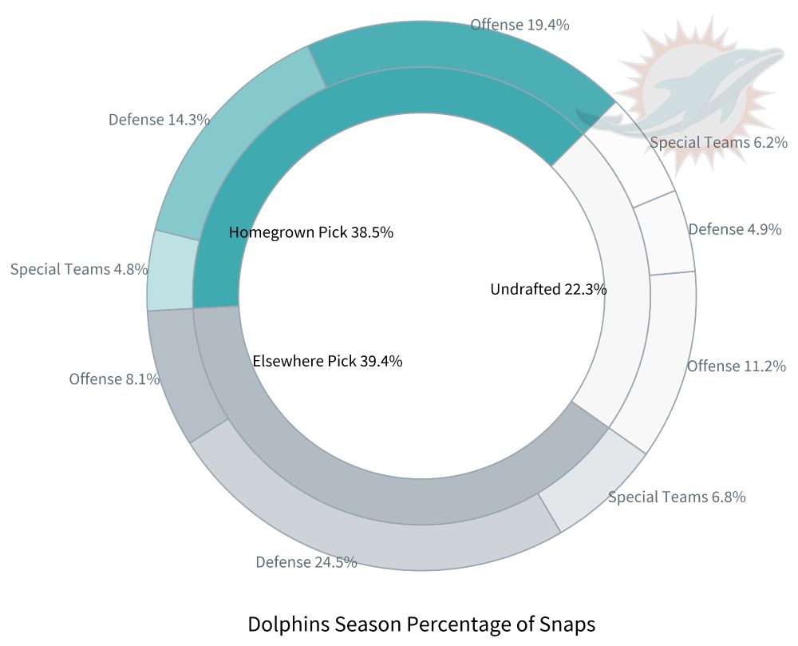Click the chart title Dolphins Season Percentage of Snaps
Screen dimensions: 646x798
point(421,624)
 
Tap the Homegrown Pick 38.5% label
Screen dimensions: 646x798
point(310,232)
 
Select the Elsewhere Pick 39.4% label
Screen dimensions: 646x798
point(327,361)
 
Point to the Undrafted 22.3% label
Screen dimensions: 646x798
point(548,289)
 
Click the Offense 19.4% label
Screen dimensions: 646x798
point(519,25)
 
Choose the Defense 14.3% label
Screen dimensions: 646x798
point(159,120)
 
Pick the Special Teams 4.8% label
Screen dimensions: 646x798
point(79,269)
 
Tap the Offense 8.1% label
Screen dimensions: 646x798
point(114,378)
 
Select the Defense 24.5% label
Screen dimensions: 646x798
point(306,562)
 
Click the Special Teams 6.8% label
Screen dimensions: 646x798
point(677,497)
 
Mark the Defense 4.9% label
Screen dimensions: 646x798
point(734,229)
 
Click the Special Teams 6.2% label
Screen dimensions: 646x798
point(718,143)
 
